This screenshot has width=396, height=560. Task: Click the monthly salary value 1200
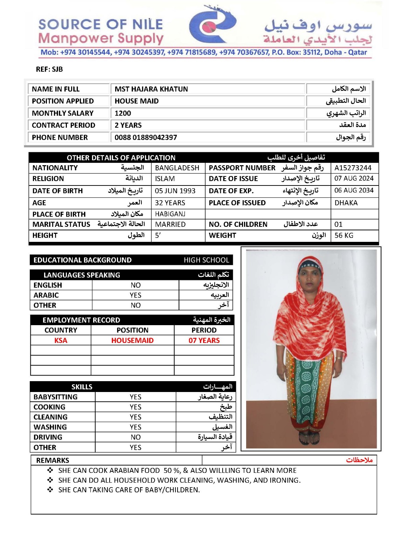pyautogui.click(x=123, y=113)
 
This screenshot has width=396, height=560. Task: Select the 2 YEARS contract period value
pyautogui.click(x=128, y=125)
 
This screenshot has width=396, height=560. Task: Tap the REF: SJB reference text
pyautogui.click(x=49, y=69)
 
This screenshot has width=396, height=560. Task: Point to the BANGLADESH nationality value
pyautogui.click(x=177, y=168)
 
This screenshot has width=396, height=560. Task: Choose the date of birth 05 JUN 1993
pyautogui.click(x=175, y=191)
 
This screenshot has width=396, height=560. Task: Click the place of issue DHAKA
pyautogui.click(x=346, y=203)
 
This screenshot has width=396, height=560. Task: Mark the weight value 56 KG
pyautogui.click(x=344, y=236)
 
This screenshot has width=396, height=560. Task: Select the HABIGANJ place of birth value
pyautogui.click(x=170, y=214)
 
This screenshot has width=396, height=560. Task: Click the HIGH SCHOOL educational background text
pyautogui.click(x=206, y=260)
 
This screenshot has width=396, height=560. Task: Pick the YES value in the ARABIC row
pyautogui.click(x=136, y=295)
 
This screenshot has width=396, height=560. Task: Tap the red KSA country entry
pyautogui.click(x=61, y=341)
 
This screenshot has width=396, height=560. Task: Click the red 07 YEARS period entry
pyautogui.click(x=204, y=341)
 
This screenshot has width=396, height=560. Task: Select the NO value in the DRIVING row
pyautogui.click(x=136, y=437)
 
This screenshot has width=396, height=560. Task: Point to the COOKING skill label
pyautogui.click(x=49, y=407)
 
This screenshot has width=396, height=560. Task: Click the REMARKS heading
pyautogui.click(x=53, y=460)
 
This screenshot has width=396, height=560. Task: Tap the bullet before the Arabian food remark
pyautogui.click(x=50, y=470)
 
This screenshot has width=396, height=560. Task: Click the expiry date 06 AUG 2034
pyautogui.click(x=354, y=190)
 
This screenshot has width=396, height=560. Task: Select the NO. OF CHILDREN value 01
pyautogui.click(x=338, y=224)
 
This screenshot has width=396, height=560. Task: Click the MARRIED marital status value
pyautogui.click(x=171, y=224)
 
